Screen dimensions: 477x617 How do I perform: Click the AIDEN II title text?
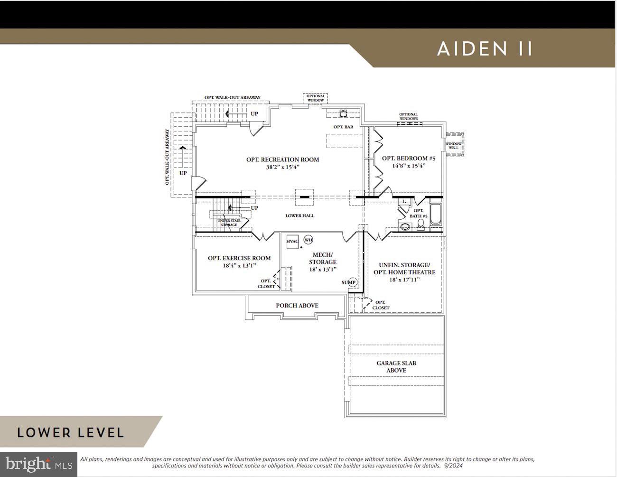pos(485,49)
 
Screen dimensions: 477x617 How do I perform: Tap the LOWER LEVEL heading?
pos(70,432)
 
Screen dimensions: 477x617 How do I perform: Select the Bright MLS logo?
pos(38,464)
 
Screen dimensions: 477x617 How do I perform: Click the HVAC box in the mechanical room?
pos(292,241)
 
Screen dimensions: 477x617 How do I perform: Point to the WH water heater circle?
pos(308,240)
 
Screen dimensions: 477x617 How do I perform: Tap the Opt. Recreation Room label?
pos(282,159)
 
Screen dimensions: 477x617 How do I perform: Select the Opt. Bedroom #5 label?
pos(408,159)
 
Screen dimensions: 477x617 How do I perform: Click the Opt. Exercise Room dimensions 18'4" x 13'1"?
pos(239,265)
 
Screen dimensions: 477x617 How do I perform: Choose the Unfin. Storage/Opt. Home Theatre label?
pos(404,269)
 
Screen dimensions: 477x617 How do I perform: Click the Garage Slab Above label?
pos(396,366)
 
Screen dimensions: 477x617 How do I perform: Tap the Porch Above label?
pos(297,305)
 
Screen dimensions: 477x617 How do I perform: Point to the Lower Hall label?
pos(299,215)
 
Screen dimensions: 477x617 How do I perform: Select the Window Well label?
pos(453,146)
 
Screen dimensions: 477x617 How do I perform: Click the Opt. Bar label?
pos(343,127)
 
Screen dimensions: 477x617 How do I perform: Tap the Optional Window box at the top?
pos(316,98)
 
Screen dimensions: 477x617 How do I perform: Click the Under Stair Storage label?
pos(229,223)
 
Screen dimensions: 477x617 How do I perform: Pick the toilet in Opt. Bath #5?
pos(421,225)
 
